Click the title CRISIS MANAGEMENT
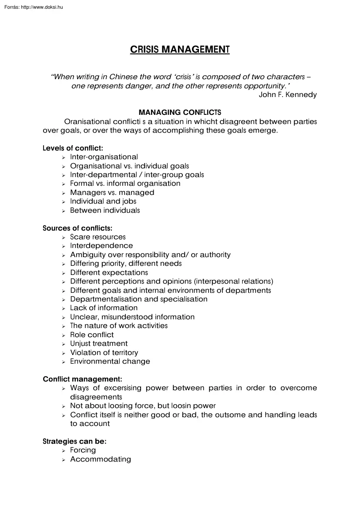[x=180, y=50]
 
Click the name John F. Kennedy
[x=288, y=95]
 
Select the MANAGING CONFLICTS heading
[x=180, y=113]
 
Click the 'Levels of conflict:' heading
[x=73, y=148]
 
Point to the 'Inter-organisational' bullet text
[x=104, y=157]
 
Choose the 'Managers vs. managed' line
[x=112, y=192]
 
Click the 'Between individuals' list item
[x=105, y=210]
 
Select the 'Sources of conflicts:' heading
[x=77, y=228]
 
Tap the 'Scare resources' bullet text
[x=98, y=237]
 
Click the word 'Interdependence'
[x=101, y=246]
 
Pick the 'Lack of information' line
[x=104, y=308]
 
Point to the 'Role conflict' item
[x=92, y=335]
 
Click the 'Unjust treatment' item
[x=99, y=344]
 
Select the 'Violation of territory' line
[x=104, y=352]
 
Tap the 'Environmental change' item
[x=110, y=362]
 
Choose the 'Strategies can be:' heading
[x=74, y=441]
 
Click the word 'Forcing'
[x=83, y=450]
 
